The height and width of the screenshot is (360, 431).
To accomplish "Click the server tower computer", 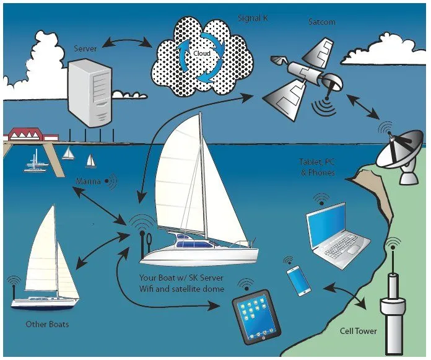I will click(88, 92).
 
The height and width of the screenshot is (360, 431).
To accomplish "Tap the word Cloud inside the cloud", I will click(201, 53).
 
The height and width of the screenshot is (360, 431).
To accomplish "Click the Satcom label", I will click(322, 22).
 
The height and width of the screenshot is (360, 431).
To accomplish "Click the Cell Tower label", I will click(358, 331).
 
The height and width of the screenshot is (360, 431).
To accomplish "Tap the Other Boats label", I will click(47, 324).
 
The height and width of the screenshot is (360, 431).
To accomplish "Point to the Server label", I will click(85, 48).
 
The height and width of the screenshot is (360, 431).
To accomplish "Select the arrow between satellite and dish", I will click(364, 108).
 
